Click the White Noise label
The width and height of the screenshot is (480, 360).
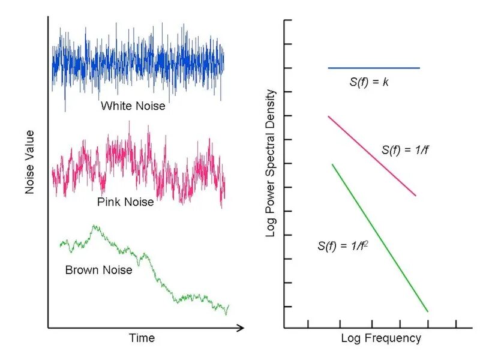(x=133, y=106)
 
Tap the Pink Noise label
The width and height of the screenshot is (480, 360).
(x=125, y=202)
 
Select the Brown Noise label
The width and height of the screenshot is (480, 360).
(x=98, y=270)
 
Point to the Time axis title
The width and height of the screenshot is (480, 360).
(x=142, y=338)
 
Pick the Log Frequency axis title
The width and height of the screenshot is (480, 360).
(x=381, y=338)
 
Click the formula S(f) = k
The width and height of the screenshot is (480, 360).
(x=369, y=82)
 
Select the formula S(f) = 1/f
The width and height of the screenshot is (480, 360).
(x=405, y=150)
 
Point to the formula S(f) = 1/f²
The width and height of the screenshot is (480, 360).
(x=342, y=245)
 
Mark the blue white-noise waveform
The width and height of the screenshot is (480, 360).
(x=138, y=63)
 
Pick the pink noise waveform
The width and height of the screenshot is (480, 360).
(x=138, y=162)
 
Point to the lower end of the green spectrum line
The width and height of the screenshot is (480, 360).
(x=427, y=311)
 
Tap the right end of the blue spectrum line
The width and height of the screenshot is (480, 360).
(x=419, y=68)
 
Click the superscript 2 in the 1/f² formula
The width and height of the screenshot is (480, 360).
(x=365, y=242)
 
